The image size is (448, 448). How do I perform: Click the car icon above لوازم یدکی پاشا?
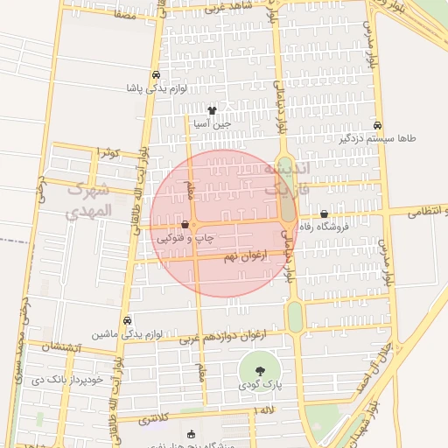coord(155,75)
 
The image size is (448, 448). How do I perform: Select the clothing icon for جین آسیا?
coord(211,111)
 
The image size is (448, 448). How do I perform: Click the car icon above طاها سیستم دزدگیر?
coord(377,125)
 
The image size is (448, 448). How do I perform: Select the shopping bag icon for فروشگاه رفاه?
coord(325,213)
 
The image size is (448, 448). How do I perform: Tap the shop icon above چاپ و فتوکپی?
coord(184,225)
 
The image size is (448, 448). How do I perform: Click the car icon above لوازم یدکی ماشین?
coord(129,321)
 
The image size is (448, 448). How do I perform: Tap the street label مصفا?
coord(123,14)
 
